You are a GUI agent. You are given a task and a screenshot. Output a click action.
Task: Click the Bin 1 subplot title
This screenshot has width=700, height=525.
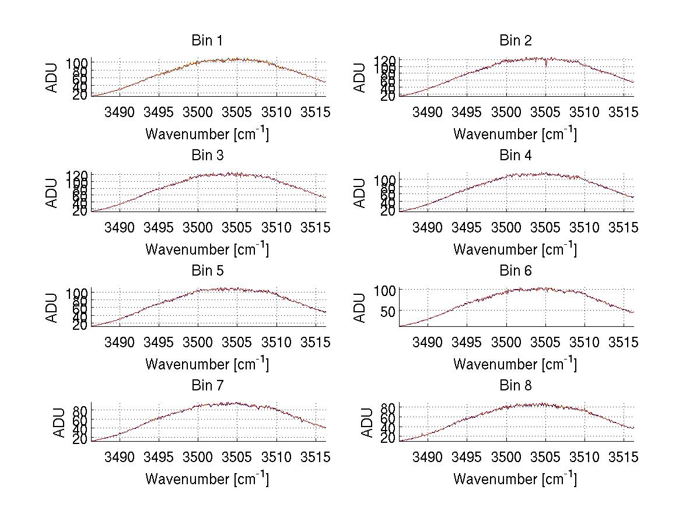tap(206, 41)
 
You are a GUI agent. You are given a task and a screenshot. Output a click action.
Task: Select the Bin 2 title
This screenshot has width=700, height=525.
tap(515, 41)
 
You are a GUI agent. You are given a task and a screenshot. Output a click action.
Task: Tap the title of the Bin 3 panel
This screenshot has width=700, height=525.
tap(206, 156)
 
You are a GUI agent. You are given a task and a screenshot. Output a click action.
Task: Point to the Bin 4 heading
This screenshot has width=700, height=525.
tap(515, 156)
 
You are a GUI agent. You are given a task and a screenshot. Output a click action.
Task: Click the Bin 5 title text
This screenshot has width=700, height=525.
tap(206, 271)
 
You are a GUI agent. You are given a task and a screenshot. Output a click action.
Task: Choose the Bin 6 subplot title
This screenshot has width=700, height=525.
tap(515, 271)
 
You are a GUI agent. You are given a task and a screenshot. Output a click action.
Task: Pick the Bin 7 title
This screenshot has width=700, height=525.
tap(206, 386)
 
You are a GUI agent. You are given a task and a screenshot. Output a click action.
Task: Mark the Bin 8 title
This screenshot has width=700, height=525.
tap(515, 386)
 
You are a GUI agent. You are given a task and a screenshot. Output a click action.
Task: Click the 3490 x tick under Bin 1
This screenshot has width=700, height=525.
tap(120, 112)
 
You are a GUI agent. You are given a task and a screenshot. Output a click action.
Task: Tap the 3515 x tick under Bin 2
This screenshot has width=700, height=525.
tap(624, 112)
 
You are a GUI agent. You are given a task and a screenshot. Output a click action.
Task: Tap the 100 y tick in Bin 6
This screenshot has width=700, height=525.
tap(385, 290)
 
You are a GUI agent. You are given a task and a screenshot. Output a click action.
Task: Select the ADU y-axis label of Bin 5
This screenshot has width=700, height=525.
tap(52, 308)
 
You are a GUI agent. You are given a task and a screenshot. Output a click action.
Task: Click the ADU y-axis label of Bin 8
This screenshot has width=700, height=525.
tap(367, 422)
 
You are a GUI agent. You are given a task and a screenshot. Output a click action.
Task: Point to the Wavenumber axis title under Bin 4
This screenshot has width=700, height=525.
tap(515, 249)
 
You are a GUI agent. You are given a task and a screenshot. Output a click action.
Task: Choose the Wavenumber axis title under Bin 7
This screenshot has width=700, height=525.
tap(206, 478)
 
